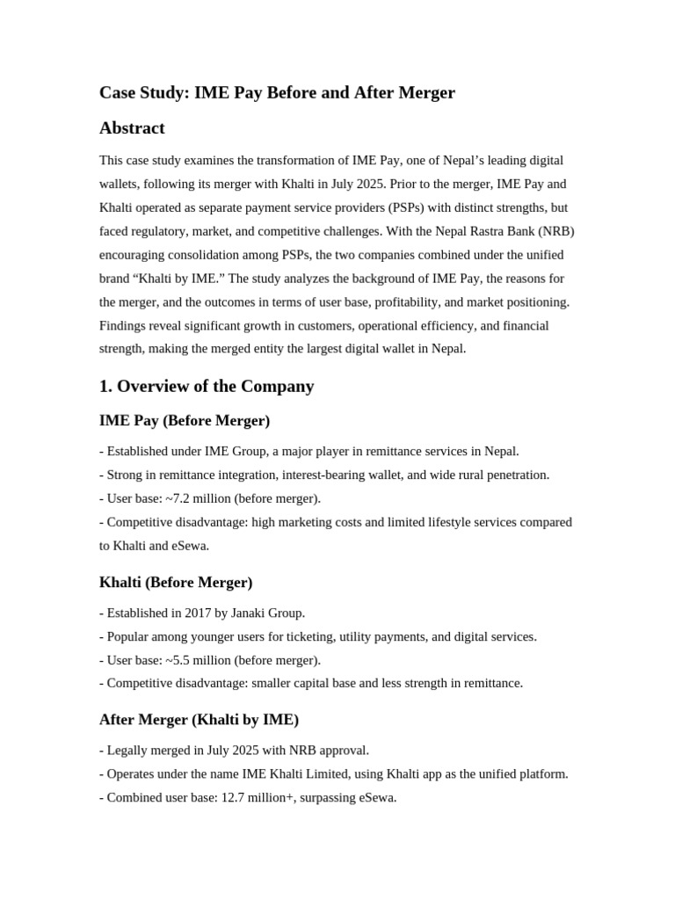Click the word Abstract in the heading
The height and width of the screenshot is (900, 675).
point(132,128)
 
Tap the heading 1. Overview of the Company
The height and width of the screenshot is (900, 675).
point(207,386)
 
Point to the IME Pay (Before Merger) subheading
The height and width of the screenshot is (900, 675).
point(185,420)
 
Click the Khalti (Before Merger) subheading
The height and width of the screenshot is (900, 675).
point(176,582)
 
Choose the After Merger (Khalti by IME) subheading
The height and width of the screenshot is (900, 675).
point(199,719)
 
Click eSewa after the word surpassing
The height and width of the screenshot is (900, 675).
point(376,798)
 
